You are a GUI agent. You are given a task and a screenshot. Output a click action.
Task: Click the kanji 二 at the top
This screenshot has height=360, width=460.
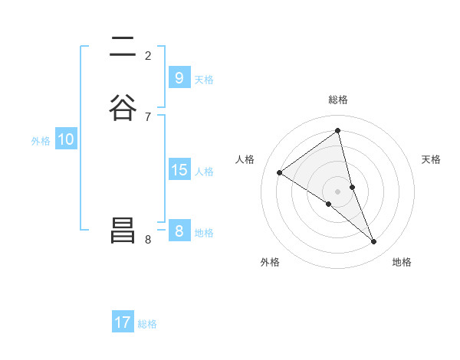(x=123, y=47)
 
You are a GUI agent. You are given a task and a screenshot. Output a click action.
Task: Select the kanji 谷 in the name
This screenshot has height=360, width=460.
(x=123, y=107)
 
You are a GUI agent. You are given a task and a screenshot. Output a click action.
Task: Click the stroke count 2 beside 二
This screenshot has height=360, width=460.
(x=148, y=55)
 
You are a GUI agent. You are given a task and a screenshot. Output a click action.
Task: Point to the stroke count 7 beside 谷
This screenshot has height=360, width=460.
(x=148, y=116)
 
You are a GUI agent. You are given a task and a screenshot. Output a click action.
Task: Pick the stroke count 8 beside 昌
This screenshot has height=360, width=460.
(x=148, y=239)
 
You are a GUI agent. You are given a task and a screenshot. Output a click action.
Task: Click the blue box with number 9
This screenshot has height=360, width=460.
(x=179, y=78)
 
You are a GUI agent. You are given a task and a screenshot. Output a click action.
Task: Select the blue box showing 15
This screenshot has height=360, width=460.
(x=179, y=170)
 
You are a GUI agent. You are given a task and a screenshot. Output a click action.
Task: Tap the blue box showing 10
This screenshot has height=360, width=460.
(x=65, y=139)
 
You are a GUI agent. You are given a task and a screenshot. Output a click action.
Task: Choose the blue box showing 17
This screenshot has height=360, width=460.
(x=123, y=322)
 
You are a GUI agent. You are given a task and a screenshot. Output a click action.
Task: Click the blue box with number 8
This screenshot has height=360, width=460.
(x=179, y=231)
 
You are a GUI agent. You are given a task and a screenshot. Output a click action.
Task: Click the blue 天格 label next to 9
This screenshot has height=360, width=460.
(x=204, y=80)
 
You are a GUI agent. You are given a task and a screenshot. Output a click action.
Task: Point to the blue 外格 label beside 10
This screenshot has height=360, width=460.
(x=41, y=141)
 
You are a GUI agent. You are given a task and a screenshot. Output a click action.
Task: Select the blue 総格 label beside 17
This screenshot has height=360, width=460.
(x=147, y=324)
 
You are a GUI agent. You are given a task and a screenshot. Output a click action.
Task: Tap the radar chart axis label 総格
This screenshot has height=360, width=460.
(x=338, y=100)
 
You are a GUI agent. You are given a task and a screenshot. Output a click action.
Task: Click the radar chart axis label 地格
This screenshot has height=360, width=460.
(x=402, y=262)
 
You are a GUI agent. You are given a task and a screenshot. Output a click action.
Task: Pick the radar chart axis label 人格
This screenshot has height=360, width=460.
(x=245, y=159)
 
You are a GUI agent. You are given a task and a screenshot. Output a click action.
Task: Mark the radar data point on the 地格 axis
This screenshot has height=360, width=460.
(x=374, y=242)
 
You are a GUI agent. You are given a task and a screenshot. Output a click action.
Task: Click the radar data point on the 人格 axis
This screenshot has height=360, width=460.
(x=279, y=172)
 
